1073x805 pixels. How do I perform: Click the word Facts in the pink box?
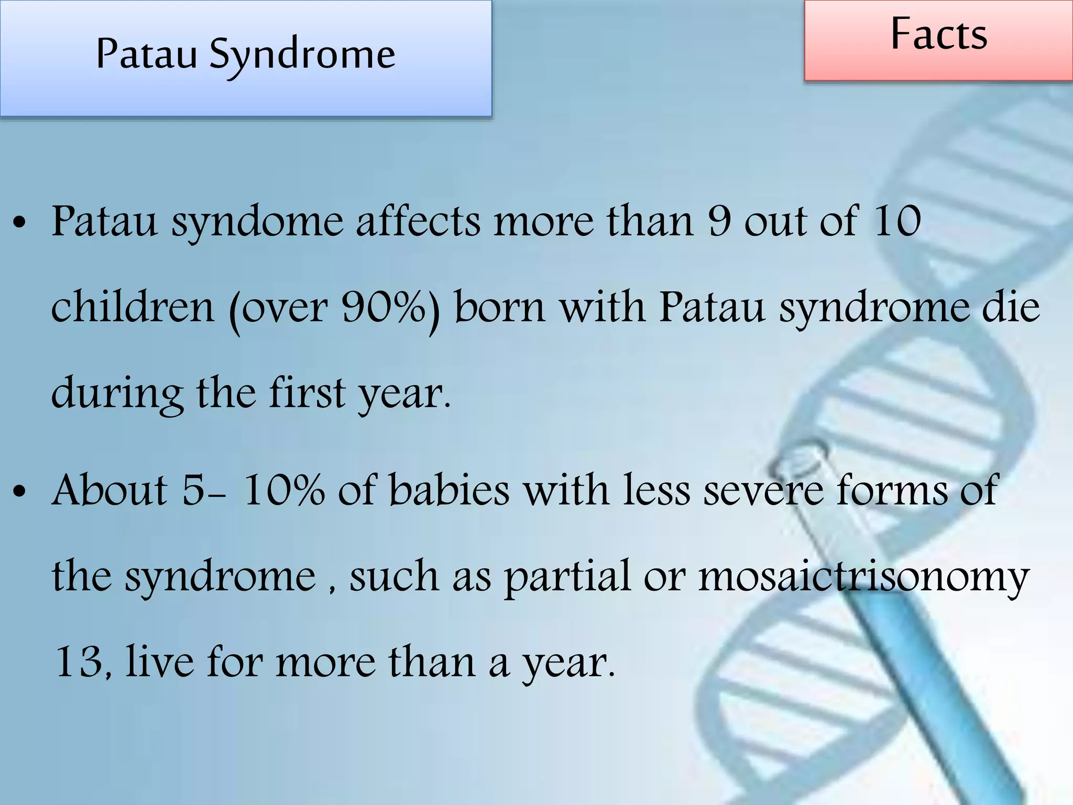click(938, 35)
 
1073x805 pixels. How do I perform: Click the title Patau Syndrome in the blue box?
click(245, 54)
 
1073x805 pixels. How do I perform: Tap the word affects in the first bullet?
click(418, 221)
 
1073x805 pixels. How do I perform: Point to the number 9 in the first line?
click(719, 221)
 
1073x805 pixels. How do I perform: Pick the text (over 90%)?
click(334, 308)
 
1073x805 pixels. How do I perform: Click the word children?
click(133, 307)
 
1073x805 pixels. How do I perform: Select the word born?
click(500, 307)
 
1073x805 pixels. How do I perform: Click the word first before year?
click(307, 393)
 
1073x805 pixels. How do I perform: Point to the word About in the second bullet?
click(110, 490)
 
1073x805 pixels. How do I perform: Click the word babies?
click(449, 490)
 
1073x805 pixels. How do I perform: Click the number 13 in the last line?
click(80, 662)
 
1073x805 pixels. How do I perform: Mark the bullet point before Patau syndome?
click(19, 223)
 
